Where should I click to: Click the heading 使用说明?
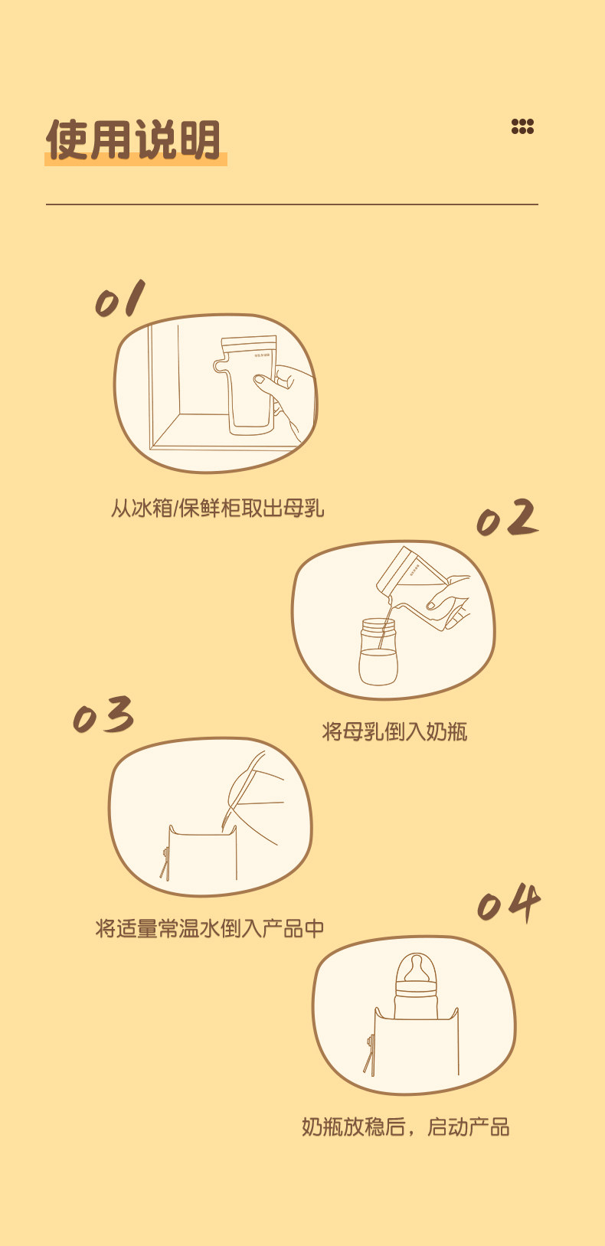[133, 139]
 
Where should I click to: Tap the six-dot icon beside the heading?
[523, 127]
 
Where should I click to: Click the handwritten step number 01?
[120, 298]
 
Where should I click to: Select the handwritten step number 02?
[507, 518]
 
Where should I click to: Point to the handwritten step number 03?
[103, 715]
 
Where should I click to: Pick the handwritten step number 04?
[509, 901]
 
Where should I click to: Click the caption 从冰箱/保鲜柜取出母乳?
[217, 509]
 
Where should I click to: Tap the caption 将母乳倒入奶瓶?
[394, 731]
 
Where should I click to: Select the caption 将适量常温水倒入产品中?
[210, 928]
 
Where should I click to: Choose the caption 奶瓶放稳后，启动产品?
[405, 1127]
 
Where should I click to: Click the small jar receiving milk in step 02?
[378, 652]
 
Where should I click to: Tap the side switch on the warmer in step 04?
[369, 1054]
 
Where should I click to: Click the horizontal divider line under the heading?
[292, 204]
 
